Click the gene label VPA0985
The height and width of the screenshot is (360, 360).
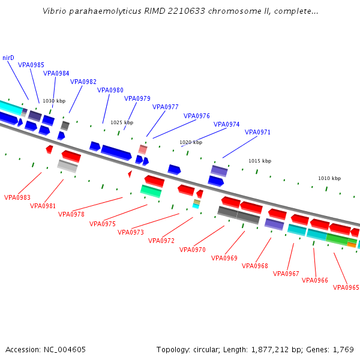coord(31,65)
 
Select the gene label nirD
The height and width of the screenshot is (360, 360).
coord(8,58)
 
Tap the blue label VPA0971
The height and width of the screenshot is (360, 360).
coord(257,132)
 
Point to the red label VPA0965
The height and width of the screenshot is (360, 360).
coord(346,287)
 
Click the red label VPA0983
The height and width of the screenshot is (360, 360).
coord(17,197)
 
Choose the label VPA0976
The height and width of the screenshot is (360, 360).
coord(197,116)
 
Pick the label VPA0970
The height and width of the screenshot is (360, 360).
coord(193,250)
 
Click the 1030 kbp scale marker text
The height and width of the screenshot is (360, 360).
coord(54,101)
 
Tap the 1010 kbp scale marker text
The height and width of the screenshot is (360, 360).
coord(329,178)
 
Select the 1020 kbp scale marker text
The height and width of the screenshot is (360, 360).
coord(191,142)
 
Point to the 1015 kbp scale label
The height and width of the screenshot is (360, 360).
coord(260,161)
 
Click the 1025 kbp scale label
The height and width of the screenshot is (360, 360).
coord(122,122)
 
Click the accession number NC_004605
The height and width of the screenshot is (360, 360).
coord(65,349)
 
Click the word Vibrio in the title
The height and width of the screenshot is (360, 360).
coord(56,11)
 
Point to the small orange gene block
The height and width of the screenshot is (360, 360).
coord(352,244)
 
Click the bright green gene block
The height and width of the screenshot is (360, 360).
coord(337,239)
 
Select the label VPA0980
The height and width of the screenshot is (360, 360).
coord(110,90)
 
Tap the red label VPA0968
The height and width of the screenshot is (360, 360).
coord(255,266)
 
